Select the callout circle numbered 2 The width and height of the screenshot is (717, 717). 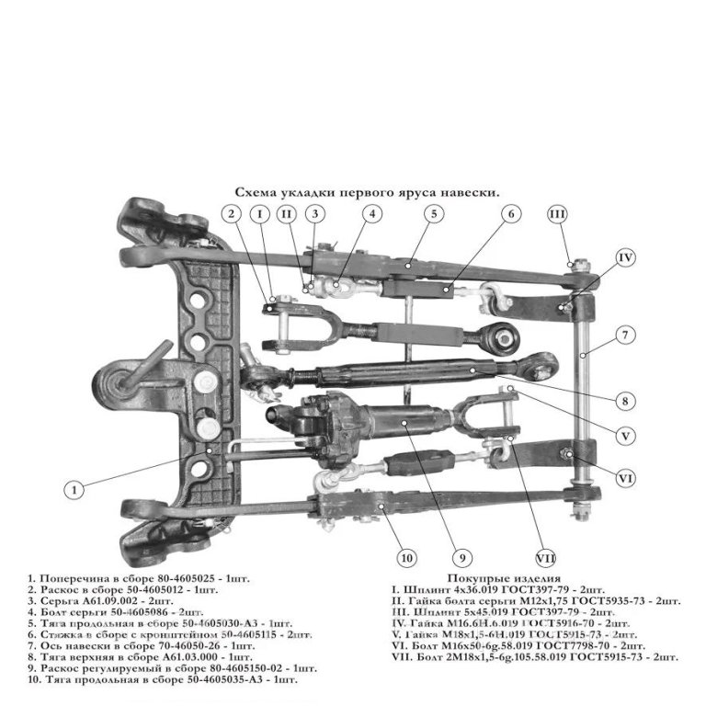pos(233,214)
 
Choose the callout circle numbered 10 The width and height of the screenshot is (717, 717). pos(406,557)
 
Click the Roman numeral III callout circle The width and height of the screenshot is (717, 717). pos(557,214)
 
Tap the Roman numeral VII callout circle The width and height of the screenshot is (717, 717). pos(545,557)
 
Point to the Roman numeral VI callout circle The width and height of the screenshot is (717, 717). pos(625,477)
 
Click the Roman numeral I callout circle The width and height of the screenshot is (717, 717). pos(261,214)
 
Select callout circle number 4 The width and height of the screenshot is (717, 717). pos(372,214)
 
